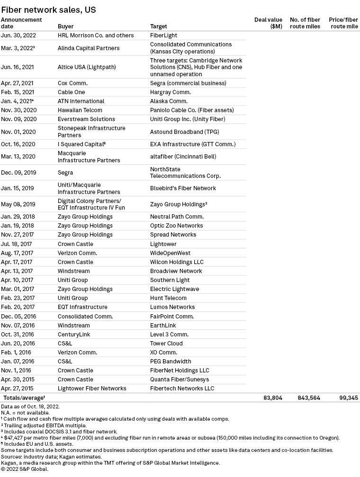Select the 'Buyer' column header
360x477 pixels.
click(x=65, y=26)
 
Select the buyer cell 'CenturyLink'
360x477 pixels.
click(x=73, y=334)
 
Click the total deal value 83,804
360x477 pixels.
click(x=273, y=398)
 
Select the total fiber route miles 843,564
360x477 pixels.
click(x=309, y=398)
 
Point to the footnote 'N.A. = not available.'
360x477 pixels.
click(x=28, y=412)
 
